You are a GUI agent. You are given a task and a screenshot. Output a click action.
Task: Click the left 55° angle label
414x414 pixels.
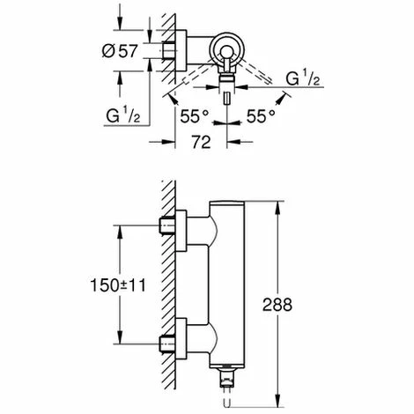[x=195, y=115]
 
